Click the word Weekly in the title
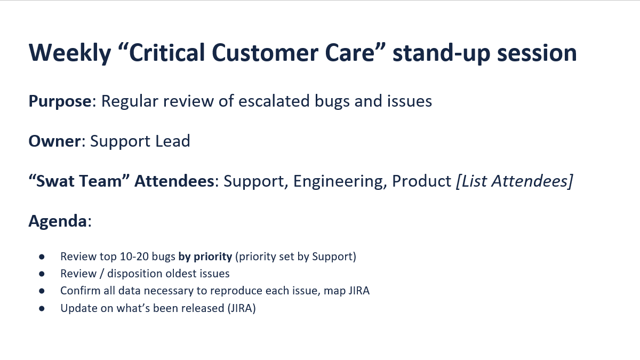pyautogui.click(x=70, y=53)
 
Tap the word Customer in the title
pyautogui.click(x=265, y=53)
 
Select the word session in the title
pyautogui.click(x=537, y=53)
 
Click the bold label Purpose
pyautogui.click(x=60, y=101)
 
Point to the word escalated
pyautogui.click(x=274, y=101)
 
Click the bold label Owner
pyautogui.click(x=54, y=141)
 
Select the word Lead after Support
pyautogui.click(x=173, y=141)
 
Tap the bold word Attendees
pyautogui.click(x=174, y=181)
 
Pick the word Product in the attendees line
pyautogui.click(x=421, y=181)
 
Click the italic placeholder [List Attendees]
pyautogui.click(x=515, y=181)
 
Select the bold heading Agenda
pyautogui.click(x=58, y=221)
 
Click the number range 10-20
pyautogui.click(x=134, y=257)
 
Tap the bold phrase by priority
pyautogui.click(x=205, y=257)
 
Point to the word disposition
pyautogui.click(x=135, y=274)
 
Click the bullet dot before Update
pyautogui.click(x=42, y=309)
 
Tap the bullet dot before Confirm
pyautogui.click(x=42, y=291)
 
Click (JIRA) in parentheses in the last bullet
pyautogui.click(x=242, y=309)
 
